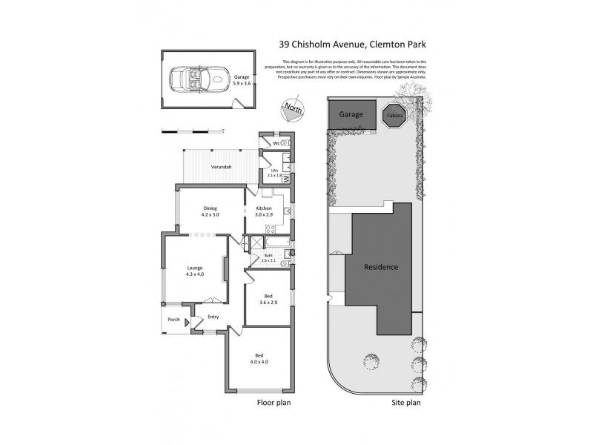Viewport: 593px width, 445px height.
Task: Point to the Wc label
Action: (276, 142)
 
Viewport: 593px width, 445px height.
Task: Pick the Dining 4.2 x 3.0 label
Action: (211, 211)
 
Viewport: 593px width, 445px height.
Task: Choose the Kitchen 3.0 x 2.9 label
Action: (265, 211)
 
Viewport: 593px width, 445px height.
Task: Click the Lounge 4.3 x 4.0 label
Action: (194, 271)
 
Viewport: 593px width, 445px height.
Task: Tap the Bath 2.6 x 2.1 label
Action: (268, 259)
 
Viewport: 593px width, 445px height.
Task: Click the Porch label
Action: (173, 320)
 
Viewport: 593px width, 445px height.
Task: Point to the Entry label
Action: (213, 317)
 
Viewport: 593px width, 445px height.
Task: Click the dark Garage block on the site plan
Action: (351, 116)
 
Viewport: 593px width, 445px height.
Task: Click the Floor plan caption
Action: (273, 404)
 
